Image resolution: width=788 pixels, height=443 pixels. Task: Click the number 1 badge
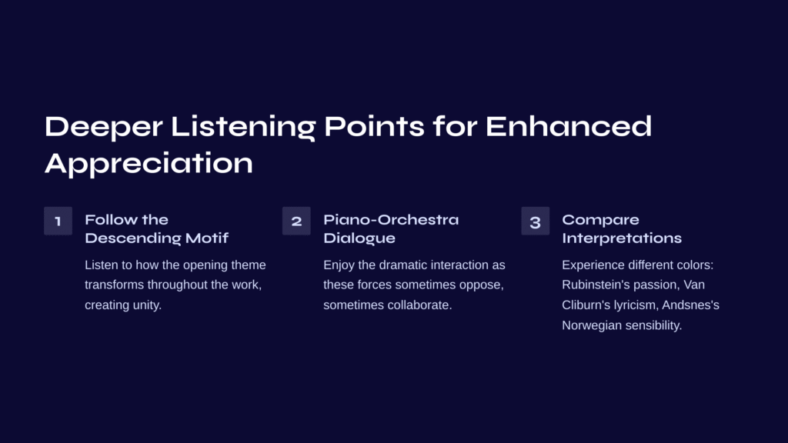click(x=58, y=221)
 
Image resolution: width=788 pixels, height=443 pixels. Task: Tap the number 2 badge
click(x=296, y=221)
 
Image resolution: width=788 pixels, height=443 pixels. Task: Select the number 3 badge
click(x=536, y=221)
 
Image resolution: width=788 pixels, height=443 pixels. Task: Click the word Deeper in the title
click(x=104, y=127)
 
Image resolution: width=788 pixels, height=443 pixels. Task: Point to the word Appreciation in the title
click(x=149, y=164)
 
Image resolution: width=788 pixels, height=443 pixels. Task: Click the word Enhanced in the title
click(x=569, y=126)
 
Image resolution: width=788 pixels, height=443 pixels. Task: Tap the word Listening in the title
click(x=243, y=128)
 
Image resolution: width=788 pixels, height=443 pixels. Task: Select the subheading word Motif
click(x=206, y=238)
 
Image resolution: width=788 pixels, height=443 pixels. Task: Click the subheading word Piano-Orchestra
click(x=391, y=219)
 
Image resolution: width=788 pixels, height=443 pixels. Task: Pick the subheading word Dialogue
click(x=359, y=238)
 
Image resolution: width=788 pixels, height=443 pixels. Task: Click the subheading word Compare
click(x=600, y=221)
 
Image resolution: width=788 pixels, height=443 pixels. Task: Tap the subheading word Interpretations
click(x=622, y=238)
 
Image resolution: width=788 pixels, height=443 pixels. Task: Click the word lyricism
click(x=636, y=305)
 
